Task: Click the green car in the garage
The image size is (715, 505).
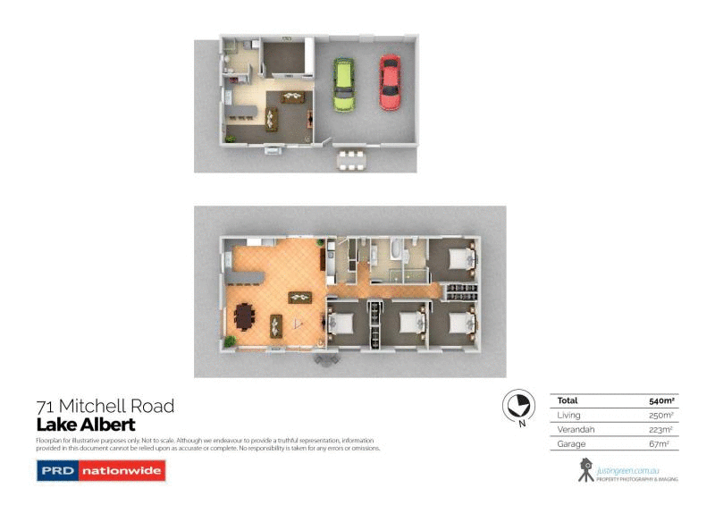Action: tap(343, 84)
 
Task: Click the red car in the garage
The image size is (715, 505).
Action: tap(390, 81)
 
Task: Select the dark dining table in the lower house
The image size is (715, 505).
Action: tap(244, 316)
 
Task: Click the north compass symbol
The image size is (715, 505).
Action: tap(515, 407)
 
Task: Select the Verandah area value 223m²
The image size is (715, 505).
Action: tap(658, 429)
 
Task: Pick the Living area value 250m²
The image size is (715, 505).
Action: tap(658, 416)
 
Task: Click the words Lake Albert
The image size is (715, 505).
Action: tap(85, 425)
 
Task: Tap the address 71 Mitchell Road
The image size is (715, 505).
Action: tap(105, 407)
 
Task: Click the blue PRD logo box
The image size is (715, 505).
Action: tap(56, 470)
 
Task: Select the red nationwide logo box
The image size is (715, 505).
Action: tap(121, 470)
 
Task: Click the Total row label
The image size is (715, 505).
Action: tap(568, 401)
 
